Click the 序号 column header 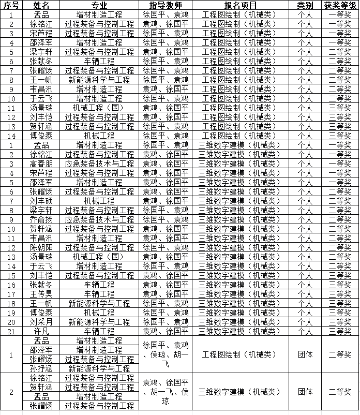[x=11, y=5]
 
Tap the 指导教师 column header [x=166, y=5]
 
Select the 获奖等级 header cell [x=340, y=5]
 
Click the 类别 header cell [x=305, y=5]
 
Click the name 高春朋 [x=41, y=164]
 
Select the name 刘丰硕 [x=41, y=201]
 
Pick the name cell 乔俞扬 [x=41, y=219]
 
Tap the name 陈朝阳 [x=41, y=247]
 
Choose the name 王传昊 [x=41, y=294]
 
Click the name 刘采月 [x=41, y=322]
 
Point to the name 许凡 [x=41, y=331]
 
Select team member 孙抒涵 [x=41, y=368]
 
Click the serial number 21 [x=11, y=331]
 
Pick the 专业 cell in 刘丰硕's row [x=99, y=201]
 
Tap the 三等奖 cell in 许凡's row [x=340, y=331]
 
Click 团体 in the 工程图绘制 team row [x=305, y=354]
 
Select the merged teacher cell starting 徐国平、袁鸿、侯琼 [x=166, y=354]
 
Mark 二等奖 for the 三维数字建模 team [x=340, y=392]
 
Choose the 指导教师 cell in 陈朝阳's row [x=166, y=247]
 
